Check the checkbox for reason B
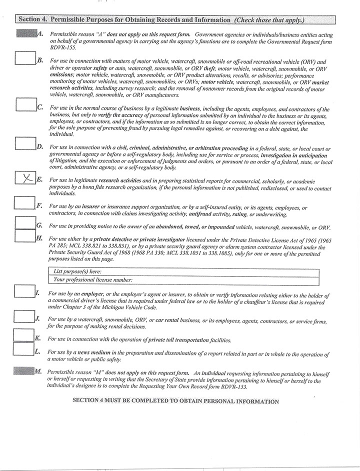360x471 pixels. point(24,58)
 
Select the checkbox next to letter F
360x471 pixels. point(24,202)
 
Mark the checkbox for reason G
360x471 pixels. point(24,223)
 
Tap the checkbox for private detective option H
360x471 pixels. point(24,235)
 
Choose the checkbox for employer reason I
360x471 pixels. point(24,290)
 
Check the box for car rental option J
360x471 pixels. point(24,316)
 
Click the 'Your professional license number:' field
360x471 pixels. point(225,279)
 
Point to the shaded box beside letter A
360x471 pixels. point(26,33)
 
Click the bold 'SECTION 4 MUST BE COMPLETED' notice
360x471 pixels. point(175,401)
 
